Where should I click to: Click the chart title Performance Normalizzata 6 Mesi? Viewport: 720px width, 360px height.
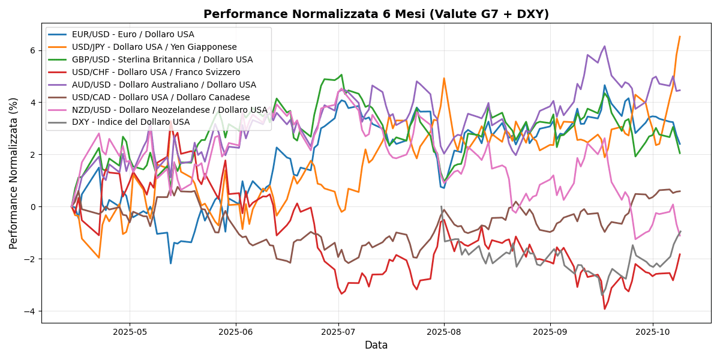click(376, 14)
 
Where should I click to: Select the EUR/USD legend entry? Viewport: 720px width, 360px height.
click(133, 34)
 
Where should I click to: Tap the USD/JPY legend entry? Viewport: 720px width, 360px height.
click(154, 47)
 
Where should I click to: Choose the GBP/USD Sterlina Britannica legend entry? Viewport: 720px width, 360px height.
click(162, 59)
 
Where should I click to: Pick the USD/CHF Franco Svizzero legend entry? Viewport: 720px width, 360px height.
click(155, 72)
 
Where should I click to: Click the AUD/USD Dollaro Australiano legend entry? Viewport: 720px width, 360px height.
click(164, 85)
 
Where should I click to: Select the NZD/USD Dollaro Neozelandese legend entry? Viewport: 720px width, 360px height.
click(169, 110)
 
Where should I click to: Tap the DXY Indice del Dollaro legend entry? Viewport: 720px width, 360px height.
click(130, 122)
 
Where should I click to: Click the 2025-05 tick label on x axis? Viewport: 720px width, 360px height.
click(130, 332)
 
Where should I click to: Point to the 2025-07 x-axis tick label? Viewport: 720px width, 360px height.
click(338, 332)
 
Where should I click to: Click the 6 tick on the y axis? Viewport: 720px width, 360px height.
click(34, 50)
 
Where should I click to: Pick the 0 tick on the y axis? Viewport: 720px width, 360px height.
click(34, 207)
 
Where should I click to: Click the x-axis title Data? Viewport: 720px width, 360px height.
click(376, 346)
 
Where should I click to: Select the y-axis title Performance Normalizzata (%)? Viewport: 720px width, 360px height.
click(14, 173)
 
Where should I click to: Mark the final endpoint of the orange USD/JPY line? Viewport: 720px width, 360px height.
click(680, 37)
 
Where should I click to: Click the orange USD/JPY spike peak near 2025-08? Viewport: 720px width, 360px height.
click(444, 78)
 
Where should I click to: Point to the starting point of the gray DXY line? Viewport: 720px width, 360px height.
click(441, 206)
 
